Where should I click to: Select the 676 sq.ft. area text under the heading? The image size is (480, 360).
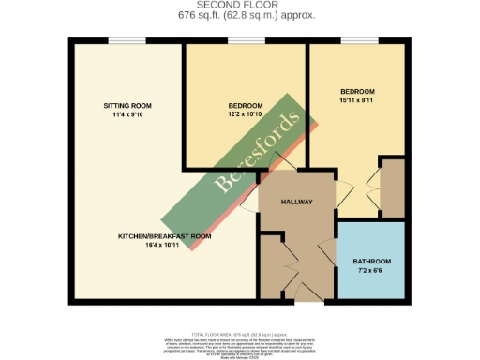point(240,16)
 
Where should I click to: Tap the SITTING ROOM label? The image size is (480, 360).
point(127,105)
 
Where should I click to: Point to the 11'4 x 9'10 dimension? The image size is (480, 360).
point(127,115)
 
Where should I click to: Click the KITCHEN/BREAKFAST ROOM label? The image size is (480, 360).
point(165,236)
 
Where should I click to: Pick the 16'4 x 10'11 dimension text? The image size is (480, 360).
point(165,247)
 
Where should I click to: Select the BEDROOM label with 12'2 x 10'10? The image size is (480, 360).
point(245,106)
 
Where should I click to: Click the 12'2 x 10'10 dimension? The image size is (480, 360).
point(245,116)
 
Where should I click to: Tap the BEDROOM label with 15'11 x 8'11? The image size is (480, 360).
point(356,90)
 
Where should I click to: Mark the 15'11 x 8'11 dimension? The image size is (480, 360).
point(356,100)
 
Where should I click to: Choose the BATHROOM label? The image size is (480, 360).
point(371,261)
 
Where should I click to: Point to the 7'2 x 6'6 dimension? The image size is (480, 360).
point(371,271)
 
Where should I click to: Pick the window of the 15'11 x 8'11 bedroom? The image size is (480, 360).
point(359,39)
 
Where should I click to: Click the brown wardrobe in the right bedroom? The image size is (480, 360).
point(393,188)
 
